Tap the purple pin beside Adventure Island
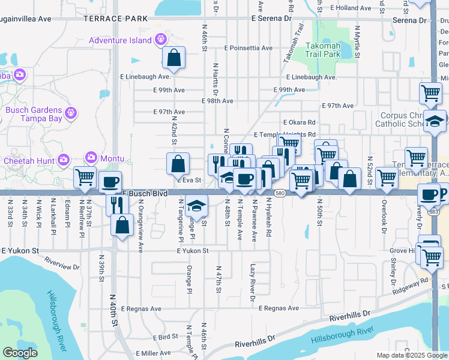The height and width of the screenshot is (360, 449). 161,40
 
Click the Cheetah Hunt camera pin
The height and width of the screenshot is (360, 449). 64,160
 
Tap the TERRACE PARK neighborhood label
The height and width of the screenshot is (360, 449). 115,19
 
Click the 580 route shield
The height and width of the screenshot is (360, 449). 280,193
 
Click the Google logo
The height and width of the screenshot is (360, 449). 20,353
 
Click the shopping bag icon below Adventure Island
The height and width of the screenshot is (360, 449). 173,58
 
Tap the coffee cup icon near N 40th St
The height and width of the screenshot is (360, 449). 110,182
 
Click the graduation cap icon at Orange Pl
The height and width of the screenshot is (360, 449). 196,205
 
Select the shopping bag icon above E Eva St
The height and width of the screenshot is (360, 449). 178,163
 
